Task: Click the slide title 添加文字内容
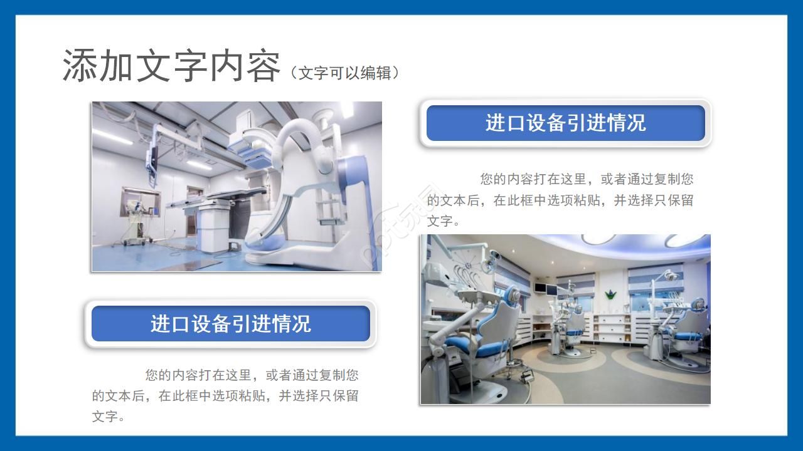coord(171,66)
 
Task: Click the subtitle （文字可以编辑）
coord(344,73)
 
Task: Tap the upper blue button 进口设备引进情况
coord(565,123)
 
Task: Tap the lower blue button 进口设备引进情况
coord(230,324)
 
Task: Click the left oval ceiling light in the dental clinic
coord(599,239)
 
